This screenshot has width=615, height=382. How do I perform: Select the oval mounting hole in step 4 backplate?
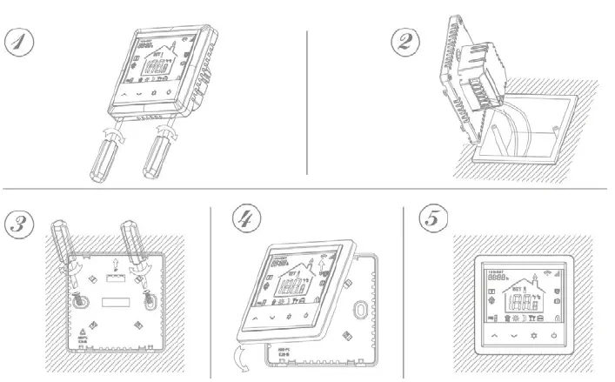361,311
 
